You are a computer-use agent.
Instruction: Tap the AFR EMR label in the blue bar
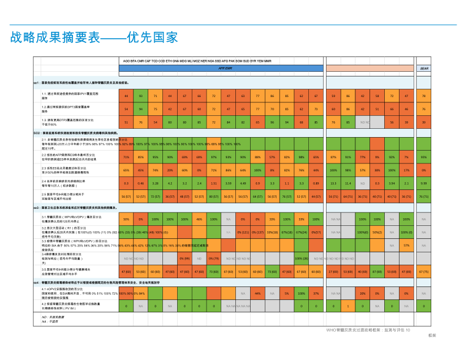(225, 68)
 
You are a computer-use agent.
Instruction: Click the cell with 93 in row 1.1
(141, 95)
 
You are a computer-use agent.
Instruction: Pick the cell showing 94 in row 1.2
(141, 109)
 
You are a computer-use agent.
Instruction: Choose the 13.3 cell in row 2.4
(334, 184)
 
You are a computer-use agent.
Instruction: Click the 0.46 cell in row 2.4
(141, 184)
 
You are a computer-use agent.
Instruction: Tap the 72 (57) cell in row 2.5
(155, 196)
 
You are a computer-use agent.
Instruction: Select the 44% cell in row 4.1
(257, 293)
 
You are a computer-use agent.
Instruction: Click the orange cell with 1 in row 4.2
(348, 306)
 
